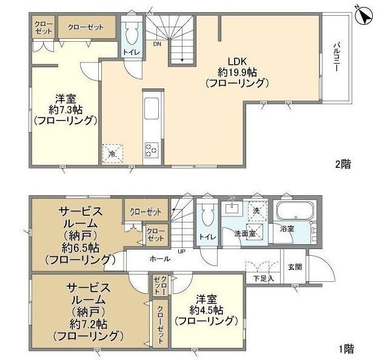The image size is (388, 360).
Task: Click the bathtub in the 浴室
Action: pyautogui.click(x=293, y=212)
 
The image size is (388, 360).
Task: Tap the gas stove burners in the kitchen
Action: pyautogui.click(x=151, y=148)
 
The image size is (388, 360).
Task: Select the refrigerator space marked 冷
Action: pyautogui.click(x=113, y=154)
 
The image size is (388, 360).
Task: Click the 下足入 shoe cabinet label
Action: pyautogui.click(x=263, y=278)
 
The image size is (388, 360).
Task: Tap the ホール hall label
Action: pyautogui.click(x=159, y=259)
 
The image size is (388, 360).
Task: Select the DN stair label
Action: pyautogui.click(x=157, y=44)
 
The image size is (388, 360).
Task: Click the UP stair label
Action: pyautogui.click(x=181, y=250)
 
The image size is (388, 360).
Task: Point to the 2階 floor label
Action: pyautogui.click(x=343, y=164)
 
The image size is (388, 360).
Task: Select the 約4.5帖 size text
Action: pyautogui.click(x=206, y=310)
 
